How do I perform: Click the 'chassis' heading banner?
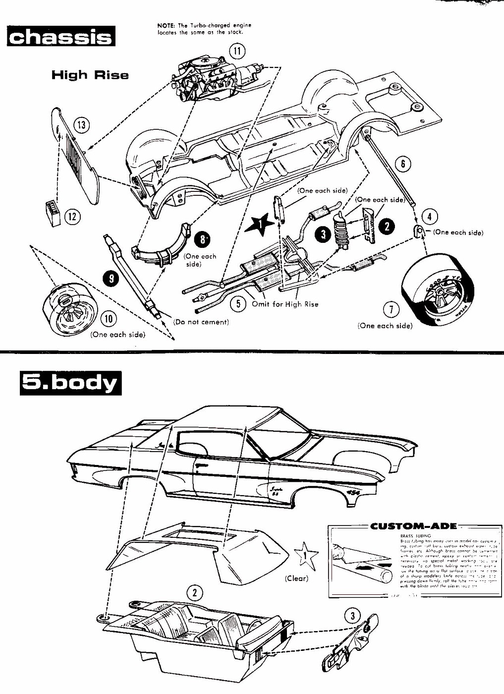60,37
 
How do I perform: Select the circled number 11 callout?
237,51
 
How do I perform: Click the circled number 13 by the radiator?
82,125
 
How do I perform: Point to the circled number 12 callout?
73,216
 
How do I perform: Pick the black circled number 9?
111,279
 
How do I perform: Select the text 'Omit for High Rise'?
285,304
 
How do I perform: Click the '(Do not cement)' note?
201,322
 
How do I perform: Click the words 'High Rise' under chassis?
90,75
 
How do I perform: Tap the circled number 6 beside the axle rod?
404,164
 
